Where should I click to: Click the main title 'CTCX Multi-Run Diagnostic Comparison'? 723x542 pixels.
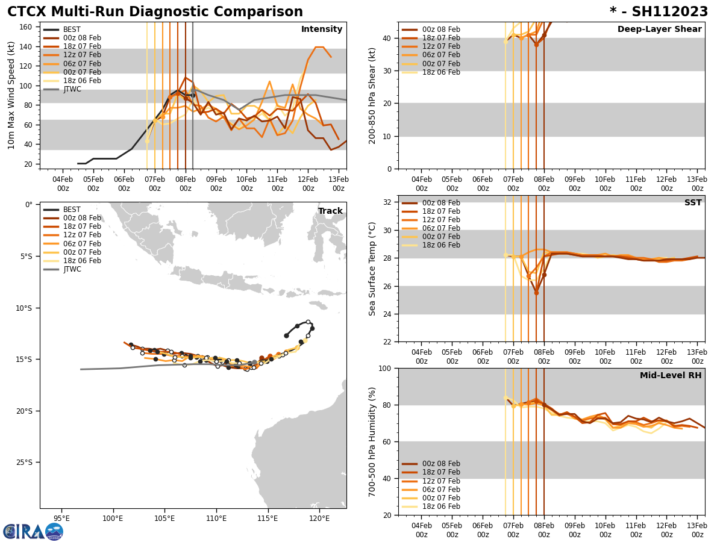pos(155,12)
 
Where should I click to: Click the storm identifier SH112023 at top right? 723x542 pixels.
pos(659,12)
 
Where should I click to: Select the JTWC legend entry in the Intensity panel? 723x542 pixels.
pos(72,89)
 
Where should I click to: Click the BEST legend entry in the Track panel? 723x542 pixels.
pos(72,210)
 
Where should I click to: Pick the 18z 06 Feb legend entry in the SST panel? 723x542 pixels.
pos(440,245)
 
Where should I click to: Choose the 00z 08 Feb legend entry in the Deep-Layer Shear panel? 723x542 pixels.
pos(440,30)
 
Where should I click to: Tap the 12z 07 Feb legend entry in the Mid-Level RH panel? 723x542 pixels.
pos(440,481)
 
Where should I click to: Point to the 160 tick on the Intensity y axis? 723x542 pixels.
pos(27,27)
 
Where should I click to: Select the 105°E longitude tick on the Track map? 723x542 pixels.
pos(164,518)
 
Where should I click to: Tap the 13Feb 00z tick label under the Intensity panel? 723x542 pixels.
pos(339,184)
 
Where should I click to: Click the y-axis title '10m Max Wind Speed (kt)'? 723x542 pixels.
pos(11,95)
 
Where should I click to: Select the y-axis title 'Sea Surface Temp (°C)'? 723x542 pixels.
pos(372,269)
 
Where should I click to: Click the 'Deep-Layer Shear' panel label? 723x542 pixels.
pos(659,30)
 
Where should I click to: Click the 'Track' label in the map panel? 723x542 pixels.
pos(330,211)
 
